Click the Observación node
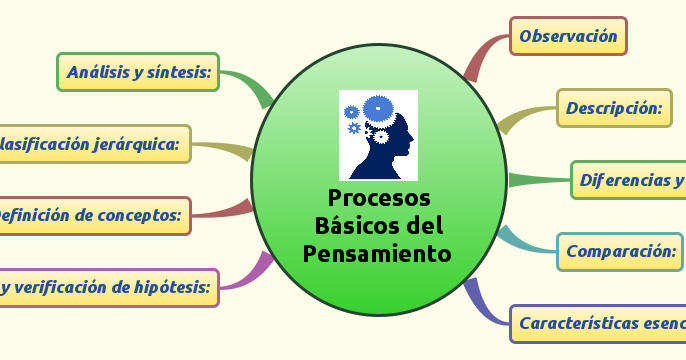(x=568, y=36)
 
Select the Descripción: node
(x=614, y=108)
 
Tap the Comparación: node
(x=620, y=251)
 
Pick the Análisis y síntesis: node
(x=138, y=72)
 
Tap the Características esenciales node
(x=598, y=323)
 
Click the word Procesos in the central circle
(x=378, y=197)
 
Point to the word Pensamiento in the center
(x=377, y=253)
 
